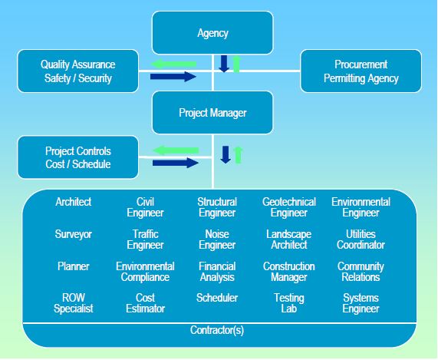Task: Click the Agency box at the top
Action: click(212, 34)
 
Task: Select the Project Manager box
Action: click(212, 112)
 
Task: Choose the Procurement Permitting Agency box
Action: click(361, 71)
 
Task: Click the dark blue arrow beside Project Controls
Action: click(175, 162)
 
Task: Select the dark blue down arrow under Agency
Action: click(224, 64)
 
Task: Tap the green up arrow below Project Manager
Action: click(238, 154)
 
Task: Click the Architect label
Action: click(74, 202)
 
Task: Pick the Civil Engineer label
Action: click(145, 207)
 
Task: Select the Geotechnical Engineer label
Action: click(289, 207)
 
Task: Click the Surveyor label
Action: click(74, 234)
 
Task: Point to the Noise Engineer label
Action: click(217, 239)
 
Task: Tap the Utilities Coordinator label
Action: click(361, 239)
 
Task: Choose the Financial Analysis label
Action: click(217, 272)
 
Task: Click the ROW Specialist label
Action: click(74, 303)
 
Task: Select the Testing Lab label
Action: click(289, 303)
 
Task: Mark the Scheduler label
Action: click(217, 298)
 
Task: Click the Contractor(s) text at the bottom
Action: click(218, 331)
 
